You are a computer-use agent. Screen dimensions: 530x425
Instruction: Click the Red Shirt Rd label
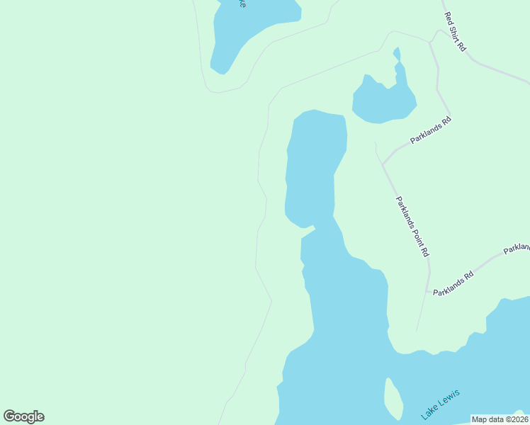pos(454,32)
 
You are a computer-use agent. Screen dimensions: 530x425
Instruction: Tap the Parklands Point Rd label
pos(412,227)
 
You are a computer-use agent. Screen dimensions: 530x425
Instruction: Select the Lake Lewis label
pos(440,403)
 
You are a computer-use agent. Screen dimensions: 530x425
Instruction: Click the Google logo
pos(23,416)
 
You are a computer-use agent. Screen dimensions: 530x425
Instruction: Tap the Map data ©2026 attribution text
pos(499,419)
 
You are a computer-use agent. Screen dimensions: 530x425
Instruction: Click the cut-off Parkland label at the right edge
pos(517,248)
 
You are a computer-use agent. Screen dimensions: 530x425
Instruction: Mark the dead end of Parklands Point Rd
pos(417,331)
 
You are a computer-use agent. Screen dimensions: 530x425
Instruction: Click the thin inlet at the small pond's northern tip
pos(397,55)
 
